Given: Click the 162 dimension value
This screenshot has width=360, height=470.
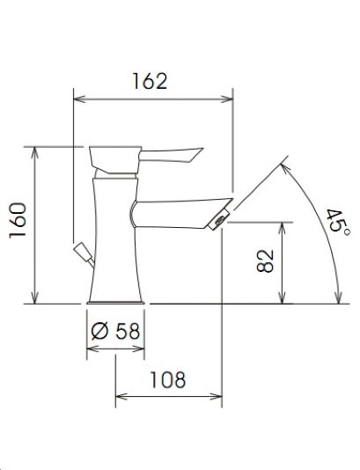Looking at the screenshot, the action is pyautogui.click(x=150, y=81).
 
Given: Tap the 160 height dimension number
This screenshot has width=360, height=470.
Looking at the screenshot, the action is pyautogui.click(x=18, y=221).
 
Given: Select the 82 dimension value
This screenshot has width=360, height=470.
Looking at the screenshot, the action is pyautogui.click(x=266, y=261).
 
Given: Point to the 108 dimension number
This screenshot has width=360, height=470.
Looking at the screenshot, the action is pyautogui.click(x=167, y=379).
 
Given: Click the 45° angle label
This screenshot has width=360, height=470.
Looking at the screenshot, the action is pyautogui.click(x=338, y=224).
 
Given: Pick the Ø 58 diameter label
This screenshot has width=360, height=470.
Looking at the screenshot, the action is pyautogui.click(x=115, y=331).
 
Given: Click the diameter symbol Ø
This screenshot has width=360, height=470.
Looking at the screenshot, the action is pyautogui.click(x=99, y=331).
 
